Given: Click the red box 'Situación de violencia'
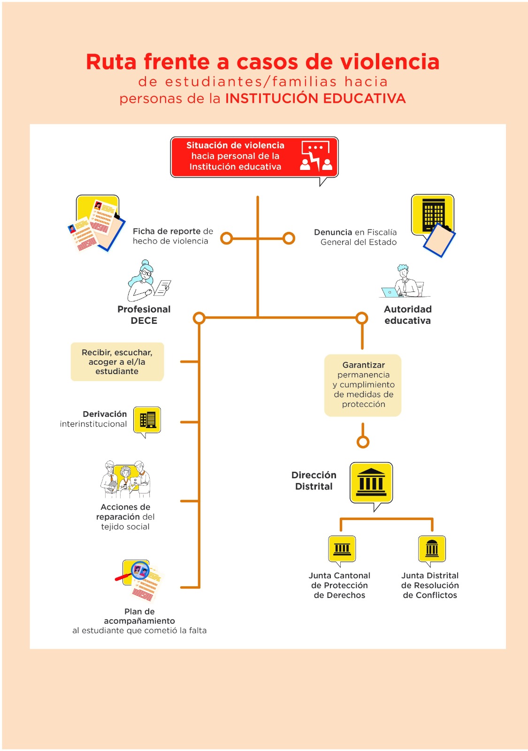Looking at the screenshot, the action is point(254,157).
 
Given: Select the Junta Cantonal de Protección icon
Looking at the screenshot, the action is point(342,548).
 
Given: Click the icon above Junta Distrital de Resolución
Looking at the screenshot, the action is point(432,548).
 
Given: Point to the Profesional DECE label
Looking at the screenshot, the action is point(144,314).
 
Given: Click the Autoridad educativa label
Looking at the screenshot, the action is point(407,314).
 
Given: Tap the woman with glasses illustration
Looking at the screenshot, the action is point(148,281).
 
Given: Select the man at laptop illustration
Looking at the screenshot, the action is point(405,281).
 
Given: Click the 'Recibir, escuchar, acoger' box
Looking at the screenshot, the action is point(117,362).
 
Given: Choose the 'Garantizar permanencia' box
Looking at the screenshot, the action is point(363,385).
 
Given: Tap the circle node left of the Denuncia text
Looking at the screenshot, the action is point(289,238).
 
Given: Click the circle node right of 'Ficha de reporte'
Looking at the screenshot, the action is point(227,238).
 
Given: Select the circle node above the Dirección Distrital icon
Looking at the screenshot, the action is point(363,442).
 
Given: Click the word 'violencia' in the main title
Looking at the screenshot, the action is point(390,62).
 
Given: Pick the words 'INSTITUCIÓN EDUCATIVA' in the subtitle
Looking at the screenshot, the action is point(315,99).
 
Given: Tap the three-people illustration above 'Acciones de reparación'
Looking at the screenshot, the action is point(125,479).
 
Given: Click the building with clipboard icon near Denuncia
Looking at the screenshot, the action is point(433,225).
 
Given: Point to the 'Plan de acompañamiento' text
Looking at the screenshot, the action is point(139,616).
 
